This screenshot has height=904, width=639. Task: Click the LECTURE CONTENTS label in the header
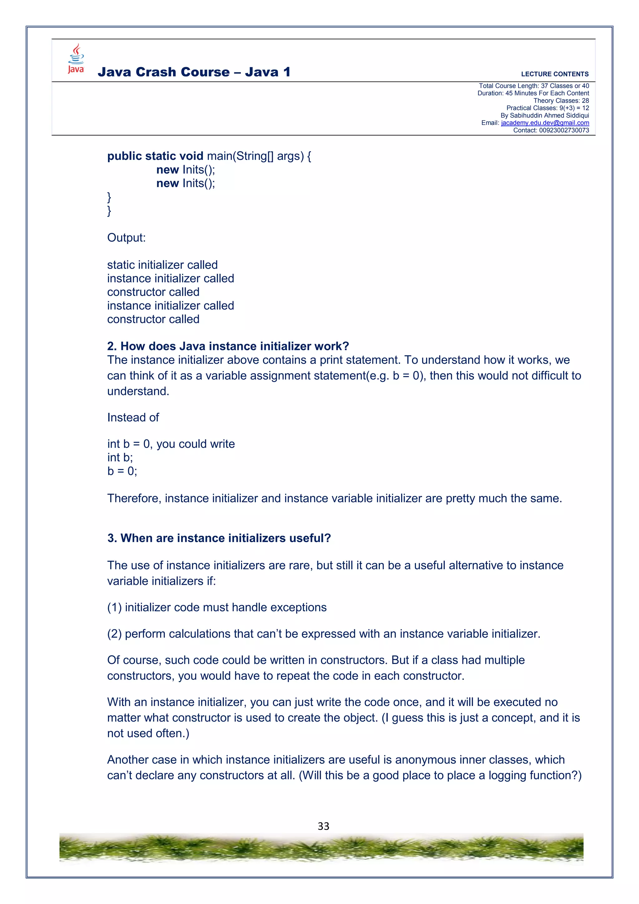pos(554,74)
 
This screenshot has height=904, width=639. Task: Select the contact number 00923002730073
pos(563,130)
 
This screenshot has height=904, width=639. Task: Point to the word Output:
pos(126,238)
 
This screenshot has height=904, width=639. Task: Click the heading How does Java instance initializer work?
pos(228,346)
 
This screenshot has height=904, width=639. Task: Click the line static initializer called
pos(162,265)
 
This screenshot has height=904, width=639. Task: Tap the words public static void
pos(155,156)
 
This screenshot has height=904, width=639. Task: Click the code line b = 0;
pos(122,471)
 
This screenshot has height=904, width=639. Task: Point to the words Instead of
pos(133,417)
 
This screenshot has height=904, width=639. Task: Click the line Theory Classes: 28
pos(561,101)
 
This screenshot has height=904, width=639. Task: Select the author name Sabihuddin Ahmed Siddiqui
pos(549,115)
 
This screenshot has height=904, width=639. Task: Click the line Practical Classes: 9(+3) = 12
pos(547,108)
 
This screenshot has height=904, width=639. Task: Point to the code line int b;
pos(120,457)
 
